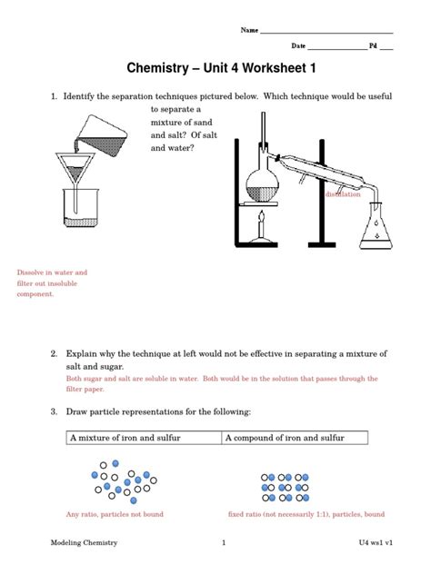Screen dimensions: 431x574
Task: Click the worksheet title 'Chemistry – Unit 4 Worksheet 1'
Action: [x=221, y=68]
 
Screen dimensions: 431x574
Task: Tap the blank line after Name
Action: [x=326, y=33]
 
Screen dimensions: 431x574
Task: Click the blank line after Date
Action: [x=337, y=49]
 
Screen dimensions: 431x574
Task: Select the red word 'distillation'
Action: [x=343, y=194]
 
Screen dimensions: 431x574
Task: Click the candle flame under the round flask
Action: [x=262, y=217]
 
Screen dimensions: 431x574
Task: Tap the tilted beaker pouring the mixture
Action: [x=102, y=136]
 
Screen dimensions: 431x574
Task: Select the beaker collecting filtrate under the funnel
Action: [x=81, y=208]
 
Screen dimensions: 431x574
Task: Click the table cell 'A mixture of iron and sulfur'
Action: [x=144, y=438]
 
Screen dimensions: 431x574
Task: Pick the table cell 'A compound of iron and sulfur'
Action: [x=295, y=438]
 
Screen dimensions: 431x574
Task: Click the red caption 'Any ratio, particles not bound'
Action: [x=115, y=514]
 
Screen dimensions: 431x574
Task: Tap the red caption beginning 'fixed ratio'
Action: [x=306, y=514]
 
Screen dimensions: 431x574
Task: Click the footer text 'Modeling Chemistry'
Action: [x=84, y=542]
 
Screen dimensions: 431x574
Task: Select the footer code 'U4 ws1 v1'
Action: [x=376, y=542]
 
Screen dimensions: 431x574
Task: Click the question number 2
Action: [x=54, y=353]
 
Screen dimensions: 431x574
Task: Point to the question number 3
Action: [x=54, y=411]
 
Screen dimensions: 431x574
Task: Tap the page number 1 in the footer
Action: [x=224, y=542]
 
